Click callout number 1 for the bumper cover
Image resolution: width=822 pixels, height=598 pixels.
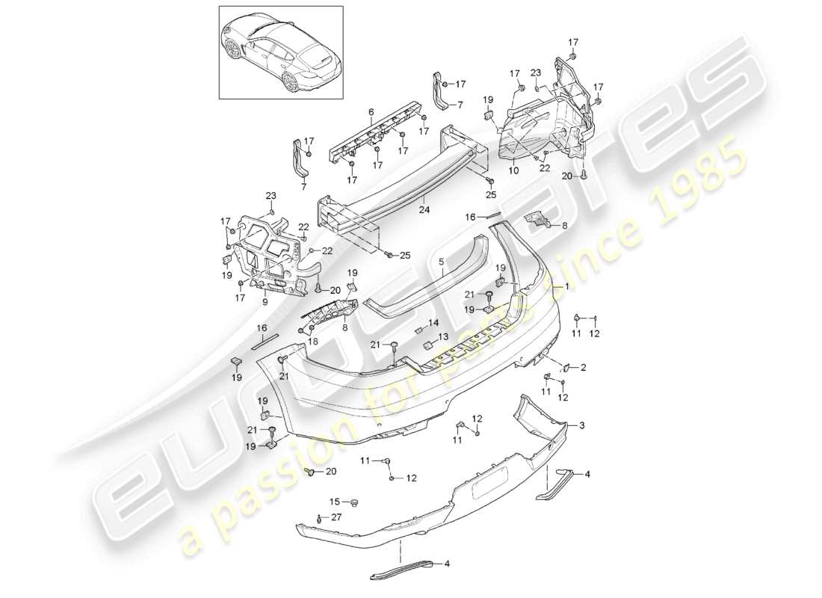(566, 286)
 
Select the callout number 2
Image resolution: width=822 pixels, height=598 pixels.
(584, 367)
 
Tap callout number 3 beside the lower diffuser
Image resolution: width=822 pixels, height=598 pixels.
(582, 425)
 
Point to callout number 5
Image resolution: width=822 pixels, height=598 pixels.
(442, 263)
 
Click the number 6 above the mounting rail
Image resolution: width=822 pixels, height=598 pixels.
(371, 112)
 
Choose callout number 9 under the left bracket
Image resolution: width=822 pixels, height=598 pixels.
(265, 303)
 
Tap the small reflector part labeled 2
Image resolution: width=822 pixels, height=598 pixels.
(567, 367)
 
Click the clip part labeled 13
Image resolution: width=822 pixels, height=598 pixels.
(430, 345)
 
